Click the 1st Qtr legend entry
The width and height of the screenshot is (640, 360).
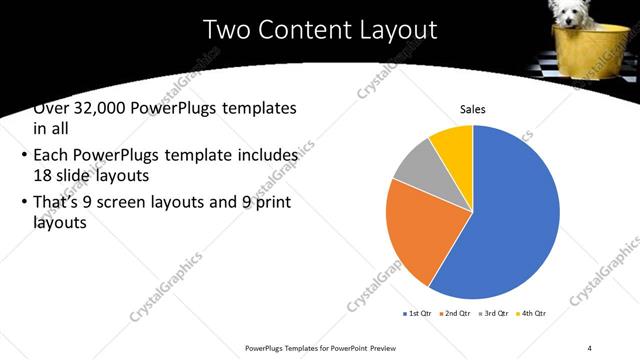(419, 313)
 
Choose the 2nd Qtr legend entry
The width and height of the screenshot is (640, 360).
(455, 313)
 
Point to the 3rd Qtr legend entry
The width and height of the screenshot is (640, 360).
(492, 313)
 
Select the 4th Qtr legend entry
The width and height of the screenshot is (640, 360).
(529, 313)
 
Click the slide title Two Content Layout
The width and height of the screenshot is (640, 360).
(320, 29)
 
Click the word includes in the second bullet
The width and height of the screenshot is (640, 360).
(266, 156)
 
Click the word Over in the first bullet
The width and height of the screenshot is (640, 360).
(52, 108)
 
